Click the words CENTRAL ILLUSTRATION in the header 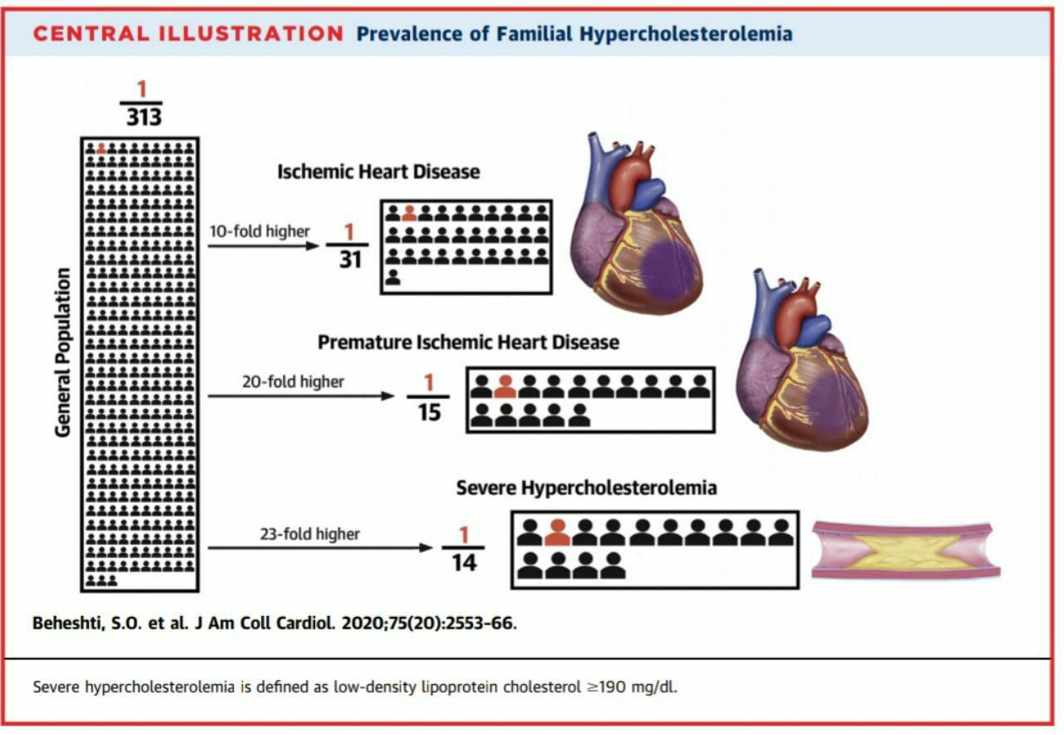pos(188,34)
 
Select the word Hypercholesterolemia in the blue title pos(686,35)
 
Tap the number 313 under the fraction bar pos(144,117)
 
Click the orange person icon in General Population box pos(101,148)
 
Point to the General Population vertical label pos(62,352)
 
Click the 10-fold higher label pos(259,231)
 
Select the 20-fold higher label pos(293,382)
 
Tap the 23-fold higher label pos(310,534)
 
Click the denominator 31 pos(350,260)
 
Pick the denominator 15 pos(430,412)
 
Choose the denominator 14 pos(464,563)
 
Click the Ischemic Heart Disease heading pos(378,172)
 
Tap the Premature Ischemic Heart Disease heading pos(468,343)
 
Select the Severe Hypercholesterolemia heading pos(587,488)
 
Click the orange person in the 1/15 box pos(505,387)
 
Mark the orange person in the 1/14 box pos(558,532)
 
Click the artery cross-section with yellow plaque pos(906,550)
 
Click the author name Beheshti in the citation pos(68,624)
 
